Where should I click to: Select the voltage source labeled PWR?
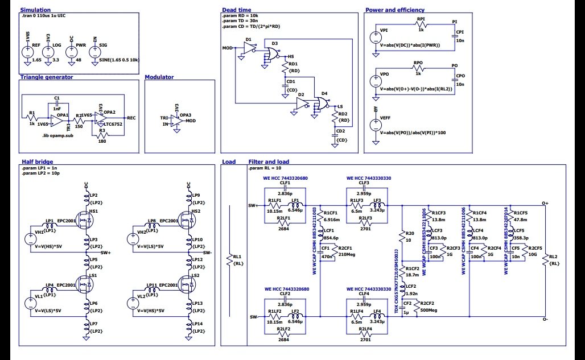pos(71,52)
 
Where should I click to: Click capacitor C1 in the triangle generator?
pos(56,104)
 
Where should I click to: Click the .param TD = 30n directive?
pos(241,21)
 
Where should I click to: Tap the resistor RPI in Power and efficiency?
pos(421,25)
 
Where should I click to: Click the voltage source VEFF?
pos(376,125)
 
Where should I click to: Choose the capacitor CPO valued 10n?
pos(455,80)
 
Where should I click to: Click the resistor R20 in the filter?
pos(403,237)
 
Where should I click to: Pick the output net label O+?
pos(545,202)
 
